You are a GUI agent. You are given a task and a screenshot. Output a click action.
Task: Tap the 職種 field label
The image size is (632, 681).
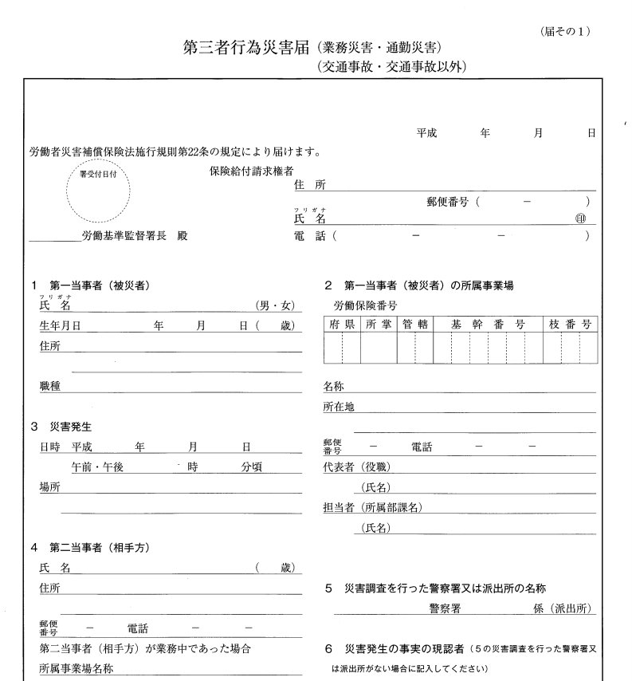coord(50,386)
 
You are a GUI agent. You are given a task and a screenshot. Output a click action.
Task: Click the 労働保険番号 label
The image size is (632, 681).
coord(365,305)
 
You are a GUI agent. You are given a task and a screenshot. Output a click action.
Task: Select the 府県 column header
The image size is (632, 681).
coord(341,325)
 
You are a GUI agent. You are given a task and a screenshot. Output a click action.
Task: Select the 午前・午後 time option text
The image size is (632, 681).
coord(97,468)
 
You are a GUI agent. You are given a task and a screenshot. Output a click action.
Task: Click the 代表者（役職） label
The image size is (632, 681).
coord(356,467)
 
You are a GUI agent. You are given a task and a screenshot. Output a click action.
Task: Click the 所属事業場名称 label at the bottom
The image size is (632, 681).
coord(77,668)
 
